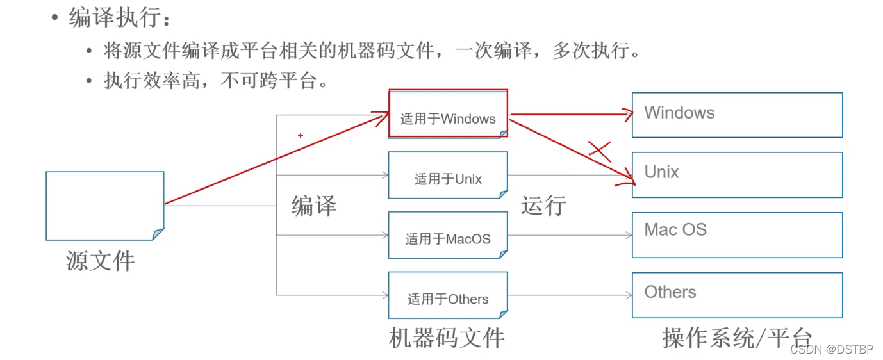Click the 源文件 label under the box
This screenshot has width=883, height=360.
(100, 261)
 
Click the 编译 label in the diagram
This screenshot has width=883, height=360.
(314, 206)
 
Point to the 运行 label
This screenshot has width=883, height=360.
(543, 206)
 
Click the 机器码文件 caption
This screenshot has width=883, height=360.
(447, 338)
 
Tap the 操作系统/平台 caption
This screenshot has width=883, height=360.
(737, 338)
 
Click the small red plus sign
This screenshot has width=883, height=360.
(301, 136)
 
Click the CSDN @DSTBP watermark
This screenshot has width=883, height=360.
(832, 349)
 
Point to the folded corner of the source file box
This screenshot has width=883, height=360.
(158, 234)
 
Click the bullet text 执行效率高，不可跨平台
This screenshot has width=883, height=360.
(216, 80)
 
